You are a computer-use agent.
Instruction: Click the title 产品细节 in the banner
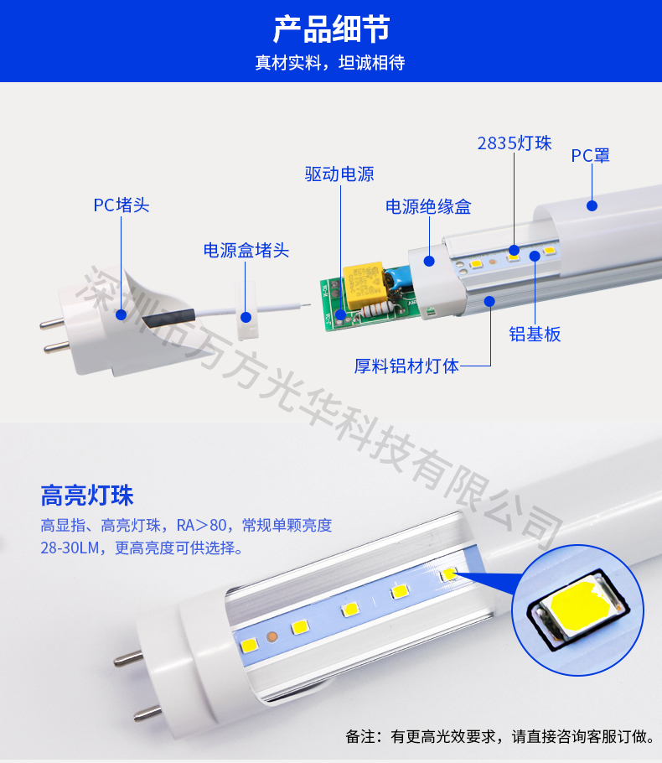[x=331, y=29]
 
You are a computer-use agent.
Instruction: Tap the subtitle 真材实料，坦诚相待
[x=330, y=63]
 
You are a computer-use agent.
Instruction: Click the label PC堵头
[x=122, y=205]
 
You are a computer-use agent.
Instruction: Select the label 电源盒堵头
[x=246, y=250]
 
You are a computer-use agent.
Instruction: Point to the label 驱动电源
[x=339, y=174]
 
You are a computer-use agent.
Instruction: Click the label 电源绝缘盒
[x=428, y=207]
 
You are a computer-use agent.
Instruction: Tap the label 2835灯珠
[x=515, y=143]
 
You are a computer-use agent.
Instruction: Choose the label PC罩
[x=591, y=156]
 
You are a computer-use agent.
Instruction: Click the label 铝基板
[x=535, y=335]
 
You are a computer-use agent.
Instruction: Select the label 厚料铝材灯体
[x=406, y=366]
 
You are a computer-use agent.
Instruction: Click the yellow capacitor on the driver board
[x=364, y=285]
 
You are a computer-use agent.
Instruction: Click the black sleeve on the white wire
[x=168, y=319]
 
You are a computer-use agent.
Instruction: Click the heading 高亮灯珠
[x=87, y=496]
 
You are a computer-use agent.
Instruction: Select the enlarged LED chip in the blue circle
[x=577, y=608]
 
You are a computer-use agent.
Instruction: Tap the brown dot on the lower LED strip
[x=272, y=636]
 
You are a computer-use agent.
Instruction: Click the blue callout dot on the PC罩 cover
[x=592, y=205]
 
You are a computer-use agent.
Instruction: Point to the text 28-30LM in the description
[x=70, y=548]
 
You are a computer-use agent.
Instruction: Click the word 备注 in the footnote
[x=360, y=736]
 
